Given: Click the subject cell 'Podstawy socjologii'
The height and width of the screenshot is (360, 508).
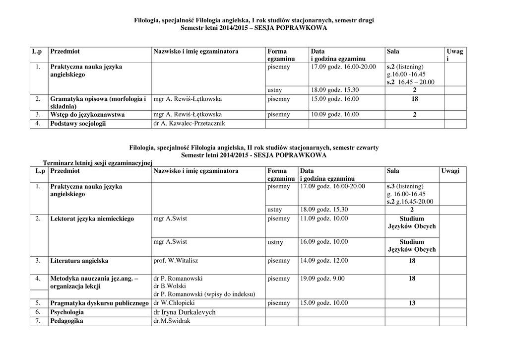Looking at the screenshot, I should [78, 124].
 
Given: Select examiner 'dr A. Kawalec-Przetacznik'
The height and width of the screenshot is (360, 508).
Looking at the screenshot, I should [190, 124].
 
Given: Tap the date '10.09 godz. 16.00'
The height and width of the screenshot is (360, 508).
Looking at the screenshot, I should [335, 114].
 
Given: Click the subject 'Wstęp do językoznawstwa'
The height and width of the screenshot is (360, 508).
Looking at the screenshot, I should [87, 115].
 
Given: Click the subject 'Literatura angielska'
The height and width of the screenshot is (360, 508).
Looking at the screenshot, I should [79, 261].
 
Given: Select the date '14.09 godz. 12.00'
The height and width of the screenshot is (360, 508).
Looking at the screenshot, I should [324, 260].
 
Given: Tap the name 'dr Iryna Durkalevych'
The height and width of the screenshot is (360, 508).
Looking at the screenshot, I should [185, 312].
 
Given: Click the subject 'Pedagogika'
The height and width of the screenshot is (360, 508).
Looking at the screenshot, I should [66, 321].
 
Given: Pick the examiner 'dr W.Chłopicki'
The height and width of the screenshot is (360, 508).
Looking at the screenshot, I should [174, 303].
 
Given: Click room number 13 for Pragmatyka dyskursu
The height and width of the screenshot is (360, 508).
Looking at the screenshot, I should [412, 303].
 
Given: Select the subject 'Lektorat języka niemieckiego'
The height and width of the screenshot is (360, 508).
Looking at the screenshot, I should [92, 219].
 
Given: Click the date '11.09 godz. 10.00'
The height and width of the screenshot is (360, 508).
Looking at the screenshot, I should [324, 218].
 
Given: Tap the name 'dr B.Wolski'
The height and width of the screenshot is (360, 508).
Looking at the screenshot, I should [170, 287].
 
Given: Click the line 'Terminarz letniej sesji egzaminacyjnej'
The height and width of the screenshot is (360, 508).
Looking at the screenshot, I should [98, 163].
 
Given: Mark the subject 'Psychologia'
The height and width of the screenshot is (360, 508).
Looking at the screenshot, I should [67, 312].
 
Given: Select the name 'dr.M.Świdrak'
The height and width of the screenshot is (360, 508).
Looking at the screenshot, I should [172, 321].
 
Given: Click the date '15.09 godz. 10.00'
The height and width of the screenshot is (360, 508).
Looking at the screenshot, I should [324, 303].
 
